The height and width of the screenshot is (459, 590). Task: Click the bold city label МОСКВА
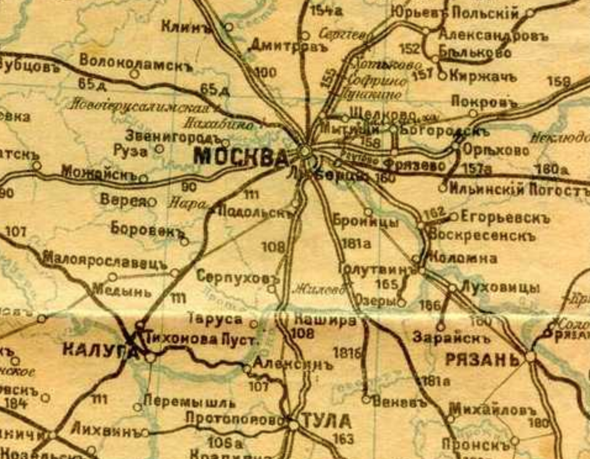[x=241, y=157]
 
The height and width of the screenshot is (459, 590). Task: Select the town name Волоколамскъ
[x=136, y=62]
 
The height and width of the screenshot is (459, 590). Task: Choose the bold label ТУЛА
[x=327, y=423]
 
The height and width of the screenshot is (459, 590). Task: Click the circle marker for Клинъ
[x=228, y=27]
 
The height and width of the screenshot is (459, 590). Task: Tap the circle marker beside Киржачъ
[x=442, y=76]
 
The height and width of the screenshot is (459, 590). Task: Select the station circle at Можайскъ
[x=143, y=179]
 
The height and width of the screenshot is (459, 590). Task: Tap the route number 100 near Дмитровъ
[x=265, y=73]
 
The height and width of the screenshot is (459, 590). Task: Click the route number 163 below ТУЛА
[x=343, y=439]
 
